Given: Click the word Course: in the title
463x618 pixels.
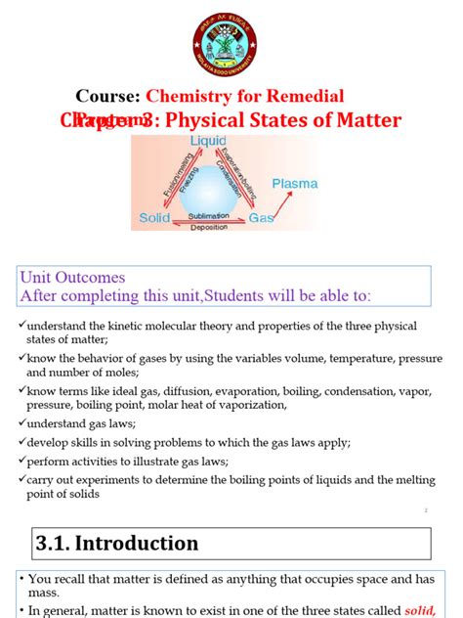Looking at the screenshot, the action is tap(108, 96).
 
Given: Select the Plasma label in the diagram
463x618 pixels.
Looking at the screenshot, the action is tap(294, 183).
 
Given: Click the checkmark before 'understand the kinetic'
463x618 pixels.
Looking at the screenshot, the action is tap(21, 325).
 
